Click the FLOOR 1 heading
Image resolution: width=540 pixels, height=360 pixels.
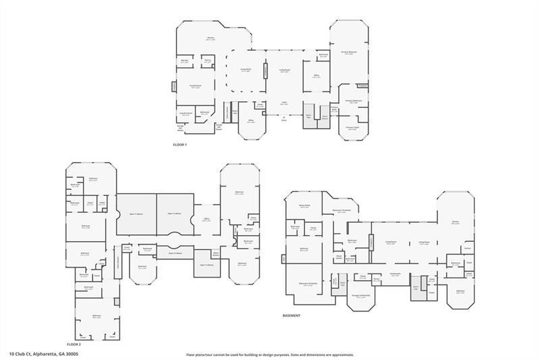[180, 145]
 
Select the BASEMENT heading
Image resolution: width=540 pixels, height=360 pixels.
[292, 315]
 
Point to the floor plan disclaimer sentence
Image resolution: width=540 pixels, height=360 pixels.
[269, 354]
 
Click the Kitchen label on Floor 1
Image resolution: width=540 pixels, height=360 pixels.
[210, 39]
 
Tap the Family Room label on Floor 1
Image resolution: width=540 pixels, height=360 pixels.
[195, 86]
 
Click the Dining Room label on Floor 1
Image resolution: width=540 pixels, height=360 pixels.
[246, 70]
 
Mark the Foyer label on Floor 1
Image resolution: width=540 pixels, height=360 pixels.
[285, 103]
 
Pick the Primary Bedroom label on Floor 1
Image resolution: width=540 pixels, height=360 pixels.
[348, 53]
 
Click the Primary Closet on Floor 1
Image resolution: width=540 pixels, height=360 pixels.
[352, 128]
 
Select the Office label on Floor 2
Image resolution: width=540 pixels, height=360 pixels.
[207, 219]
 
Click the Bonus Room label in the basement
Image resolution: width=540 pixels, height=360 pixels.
[304, 206]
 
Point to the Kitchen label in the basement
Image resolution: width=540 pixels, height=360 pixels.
[456, 222]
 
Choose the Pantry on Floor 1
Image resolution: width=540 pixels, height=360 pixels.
[208, 61]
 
